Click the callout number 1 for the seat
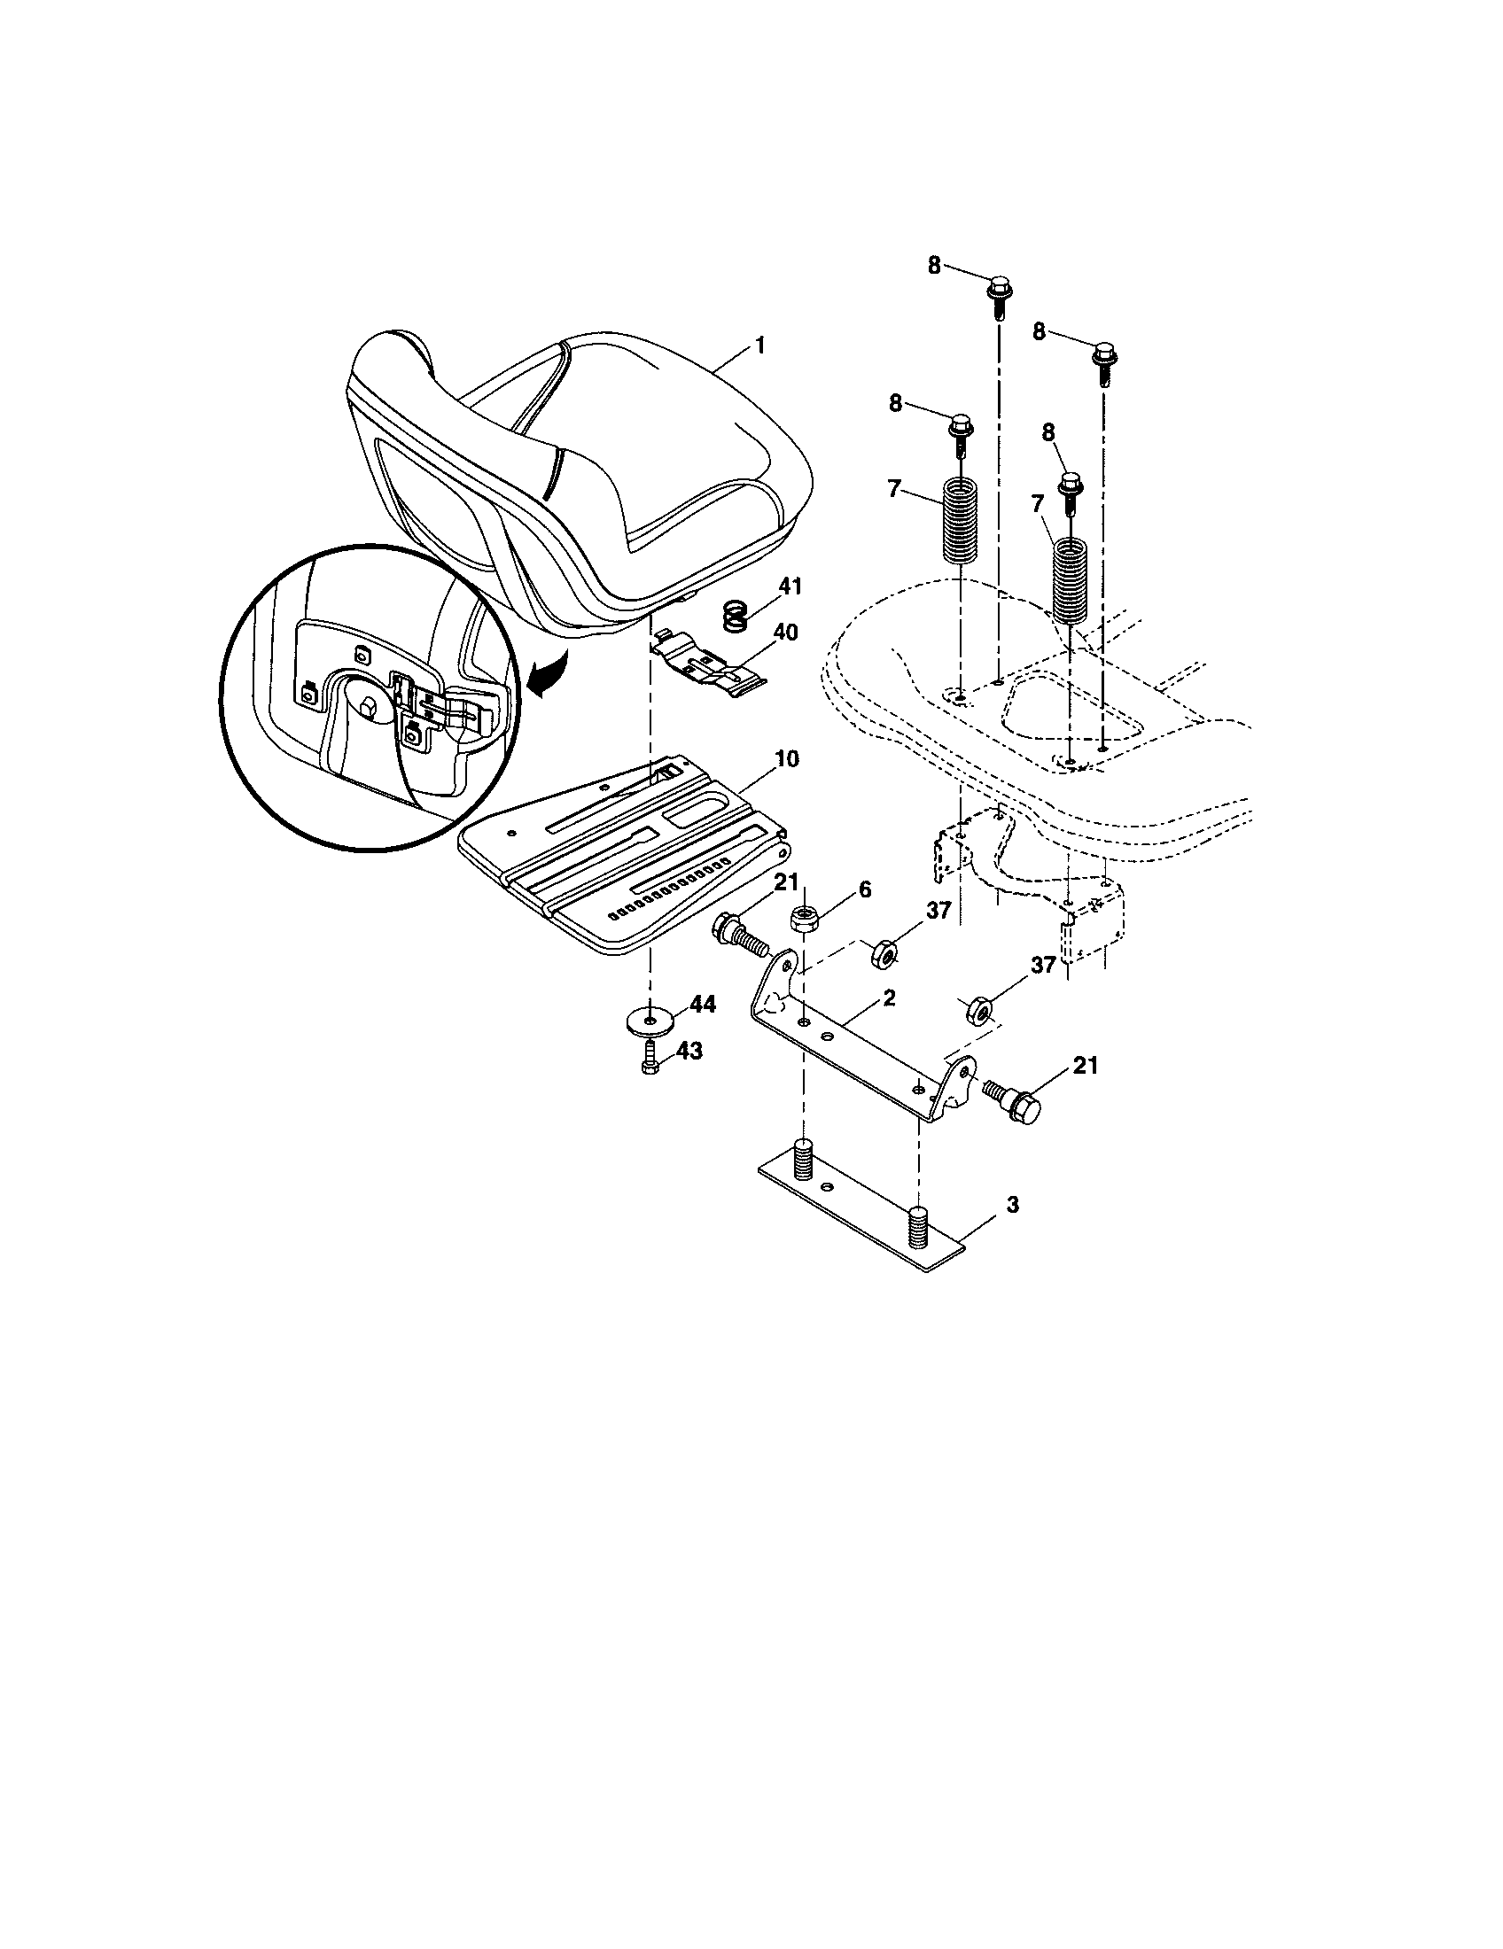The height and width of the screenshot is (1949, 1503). (x=759, y=345)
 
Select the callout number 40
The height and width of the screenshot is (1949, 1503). (x=786, y=632)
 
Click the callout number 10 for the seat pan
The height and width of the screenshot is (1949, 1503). (x=787, y=758)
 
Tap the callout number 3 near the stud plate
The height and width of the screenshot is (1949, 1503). (x=1012, y=1205)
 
